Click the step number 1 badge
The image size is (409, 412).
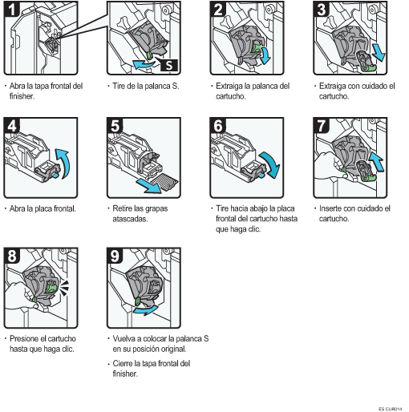click(12, 9)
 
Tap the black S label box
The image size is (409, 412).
click(169, 65)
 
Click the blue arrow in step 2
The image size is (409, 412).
click(265, 55)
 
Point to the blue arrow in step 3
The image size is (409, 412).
click(379, 53)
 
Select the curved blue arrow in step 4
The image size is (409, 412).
click(65, 163)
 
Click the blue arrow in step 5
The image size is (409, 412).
click(148, 186)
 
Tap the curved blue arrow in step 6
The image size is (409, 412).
click(272, 164)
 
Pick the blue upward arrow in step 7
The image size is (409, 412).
click(377, 161)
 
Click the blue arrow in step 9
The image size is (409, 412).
click(145, 310)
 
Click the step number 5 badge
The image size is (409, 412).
click(115, 126)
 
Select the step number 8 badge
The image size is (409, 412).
click(12, 256)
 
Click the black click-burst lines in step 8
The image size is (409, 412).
click(64, 288)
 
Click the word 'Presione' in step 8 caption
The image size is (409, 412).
click(24, 338)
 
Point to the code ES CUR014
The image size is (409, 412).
click(390, 409)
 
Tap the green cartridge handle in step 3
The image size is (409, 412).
click(369, 68)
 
